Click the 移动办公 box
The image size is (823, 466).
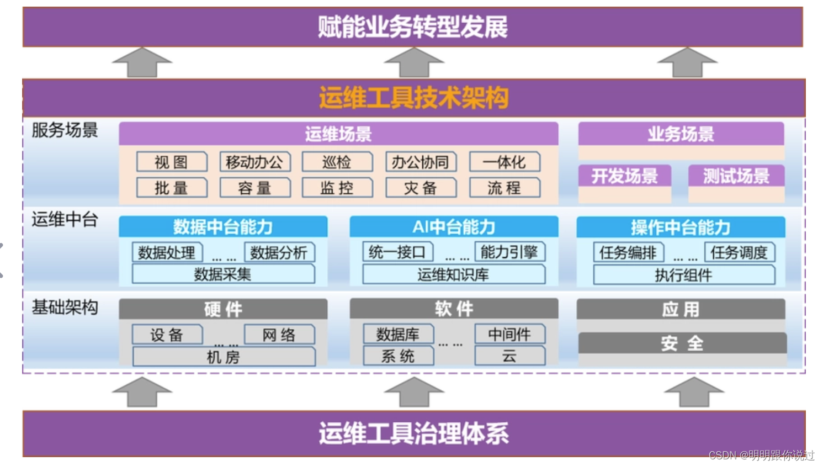point(254,162)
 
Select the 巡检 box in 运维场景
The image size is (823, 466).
point(337,162)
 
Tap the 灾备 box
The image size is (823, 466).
point(421,188)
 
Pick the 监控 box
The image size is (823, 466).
point(337,188)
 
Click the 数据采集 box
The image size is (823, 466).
point(223,274)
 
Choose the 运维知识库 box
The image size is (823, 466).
point(453,274)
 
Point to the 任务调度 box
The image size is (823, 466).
point(739,252)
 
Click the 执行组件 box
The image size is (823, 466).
point(683,275)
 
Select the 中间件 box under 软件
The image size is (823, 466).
point(509,334)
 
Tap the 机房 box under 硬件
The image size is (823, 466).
point(224,357)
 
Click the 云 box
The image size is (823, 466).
point(509,356)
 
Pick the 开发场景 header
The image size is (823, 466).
point(625,176)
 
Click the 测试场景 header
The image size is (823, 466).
point(736,176)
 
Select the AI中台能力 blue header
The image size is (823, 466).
point(454,227)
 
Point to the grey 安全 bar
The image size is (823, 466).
point(682,343)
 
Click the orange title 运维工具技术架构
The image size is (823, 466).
point(413,98)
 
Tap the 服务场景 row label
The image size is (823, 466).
point(65,130)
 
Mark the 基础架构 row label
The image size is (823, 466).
point(65,307)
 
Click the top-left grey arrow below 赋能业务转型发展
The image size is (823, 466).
point(142,62)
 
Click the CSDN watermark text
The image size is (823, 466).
point(761,455)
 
